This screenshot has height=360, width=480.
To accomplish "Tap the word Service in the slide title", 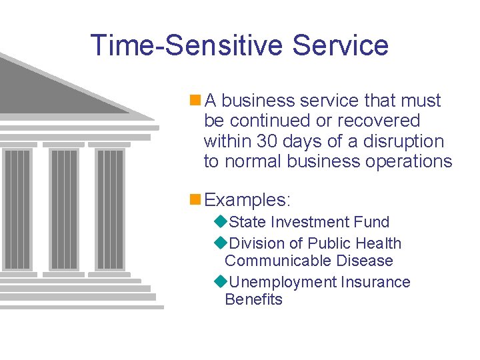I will click(x=340, y=45).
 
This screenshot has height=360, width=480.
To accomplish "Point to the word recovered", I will click(x=379, y=121).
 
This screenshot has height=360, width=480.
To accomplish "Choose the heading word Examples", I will click(x=247, y=200).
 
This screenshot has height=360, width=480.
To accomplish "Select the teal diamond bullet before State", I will click(x=221, y=222).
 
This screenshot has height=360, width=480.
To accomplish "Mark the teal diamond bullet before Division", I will click(x=221, y=243).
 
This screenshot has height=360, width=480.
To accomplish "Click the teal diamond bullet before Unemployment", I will click(x=221, y=282).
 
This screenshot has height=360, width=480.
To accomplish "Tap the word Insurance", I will click(x=375, y=282).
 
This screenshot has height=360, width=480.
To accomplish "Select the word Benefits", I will click(x=253, y=299).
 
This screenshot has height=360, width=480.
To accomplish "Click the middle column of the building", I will click(x=63, y=207).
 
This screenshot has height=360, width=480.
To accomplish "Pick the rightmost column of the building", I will click(x=110, y=207).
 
